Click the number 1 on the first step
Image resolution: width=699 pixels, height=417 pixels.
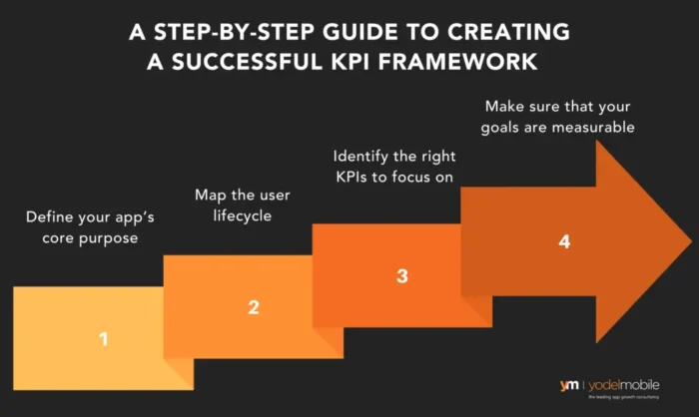point(102,339)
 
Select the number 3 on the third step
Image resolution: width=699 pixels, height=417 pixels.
point(401,275)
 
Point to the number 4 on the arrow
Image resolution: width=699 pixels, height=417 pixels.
point(565,242)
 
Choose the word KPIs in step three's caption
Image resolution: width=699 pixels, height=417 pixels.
point(353,178)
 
